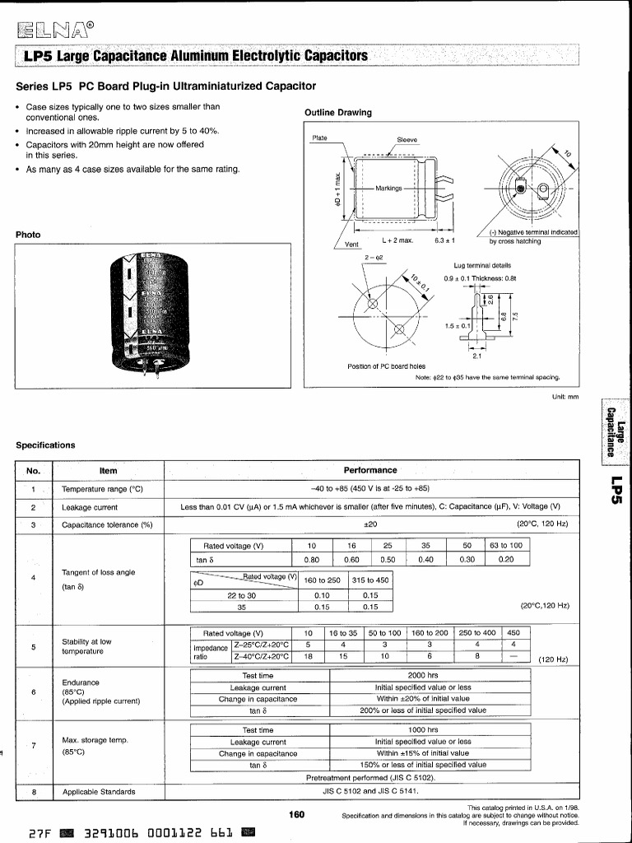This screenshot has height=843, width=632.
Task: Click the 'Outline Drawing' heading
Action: tap(337, 113)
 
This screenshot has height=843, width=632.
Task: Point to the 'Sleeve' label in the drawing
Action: tap(407, 140)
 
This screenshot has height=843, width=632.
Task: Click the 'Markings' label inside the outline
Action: tap(388, 189)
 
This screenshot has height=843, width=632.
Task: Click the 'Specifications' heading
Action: tap(45, 445)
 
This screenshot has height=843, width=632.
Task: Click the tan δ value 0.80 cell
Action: tap(311, 560)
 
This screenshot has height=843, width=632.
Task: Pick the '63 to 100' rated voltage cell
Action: tap(506, 546)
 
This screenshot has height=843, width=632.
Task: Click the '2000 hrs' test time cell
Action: tap(422, 675)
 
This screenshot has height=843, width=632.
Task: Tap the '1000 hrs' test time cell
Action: tap(422, 729)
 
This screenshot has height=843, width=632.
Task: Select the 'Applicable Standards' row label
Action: tap(99, 792)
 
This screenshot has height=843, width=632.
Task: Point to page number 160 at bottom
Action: tap(296, 815)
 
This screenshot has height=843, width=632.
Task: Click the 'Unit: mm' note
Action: tap(565, 397)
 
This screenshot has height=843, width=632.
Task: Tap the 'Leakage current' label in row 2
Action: tap(90, 507)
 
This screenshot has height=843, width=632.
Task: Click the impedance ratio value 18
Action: tap(308, 657)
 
